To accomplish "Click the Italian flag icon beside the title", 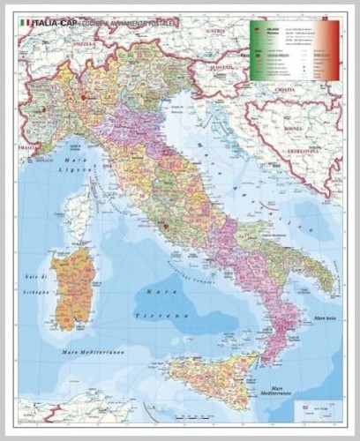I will [x=25, y=22].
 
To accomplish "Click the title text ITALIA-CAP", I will [x=54, y=22].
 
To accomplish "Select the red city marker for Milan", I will [x=83, y=98].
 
